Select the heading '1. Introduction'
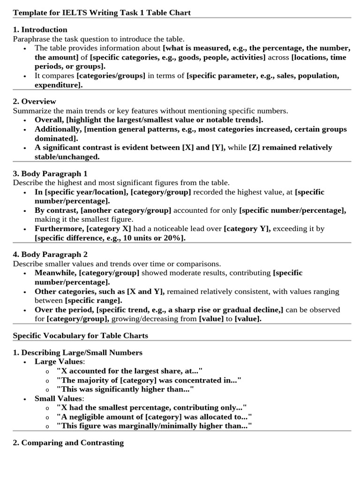pyautogui.click(x=40, y=30)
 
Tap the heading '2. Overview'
pyautogui.click(x=34, y=101)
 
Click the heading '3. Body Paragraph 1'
pyautogui.click(x=50, y=173)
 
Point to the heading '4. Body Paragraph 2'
pyautogui.click(x=50, y=255)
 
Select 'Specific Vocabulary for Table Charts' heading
pyautogui.click(x=80, y=336)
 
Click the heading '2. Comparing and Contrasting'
pyautogui.click(x=68, y=442)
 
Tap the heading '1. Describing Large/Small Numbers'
pyautogui.click(x=77, y=352)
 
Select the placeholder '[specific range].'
pyautogui.click(x=93, y=300)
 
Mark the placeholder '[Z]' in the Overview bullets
pyautogui.click(x=255, y=148)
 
